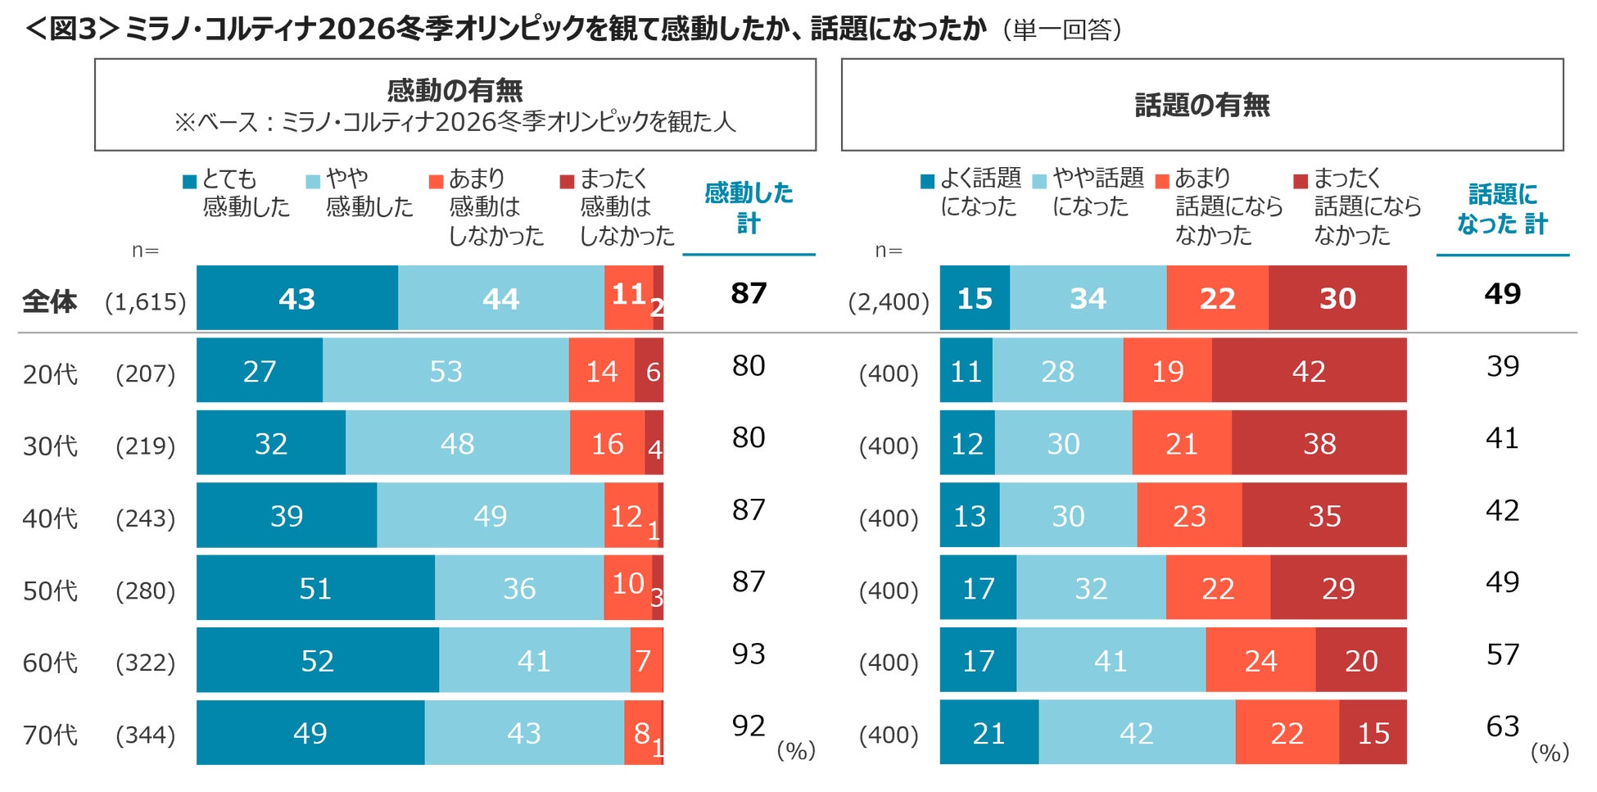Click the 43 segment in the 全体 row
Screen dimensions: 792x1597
pyautogui.click(x=296, y=298)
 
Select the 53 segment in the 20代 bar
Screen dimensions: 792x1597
pyautogui.click(x=446, y=371)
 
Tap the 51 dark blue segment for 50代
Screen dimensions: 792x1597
pyautogui.click(x=315, y=588)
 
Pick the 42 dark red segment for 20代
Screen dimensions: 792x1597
pyautogui.click(x=1309, y=371)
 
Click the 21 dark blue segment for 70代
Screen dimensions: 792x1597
pyautogui.click(x=989, y=733)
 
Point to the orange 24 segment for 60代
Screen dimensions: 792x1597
pyautogui.click(x=1260, y=660)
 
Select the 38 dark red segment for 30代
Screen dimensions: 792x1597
pyautogui.click(x=1319, y=443)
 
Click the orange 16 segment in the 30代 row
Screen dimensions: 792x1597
pyautogui.click(x=607, y=443)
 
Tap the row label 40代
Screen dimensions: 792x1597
pyautogui.click(x=50, y=518)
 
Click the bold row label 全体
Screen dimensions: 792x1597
pyautogui.click(x=50, y=301)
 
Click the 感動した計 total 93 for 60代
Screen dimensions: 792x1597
pyautogui.click(x=749, y=654)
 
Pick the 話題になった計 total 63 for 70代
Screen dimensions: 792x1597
pyautogui.click(x=1502, y=726)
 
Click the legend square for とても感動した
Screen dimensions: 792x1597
pyautogui.click(x=190, y=182)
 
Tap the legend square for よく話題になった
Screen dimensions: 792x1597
pyautogui.click(x=927, y=182)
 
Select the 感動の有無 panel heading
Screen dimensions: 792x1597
pyautogui.click(x=455, y=90)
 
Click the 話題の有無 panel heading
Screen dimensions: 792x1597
pyautogui.click(x=1201, y=105)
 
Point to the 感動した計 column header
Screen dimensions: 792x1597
pyautogui.click(x=749, y=208)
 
